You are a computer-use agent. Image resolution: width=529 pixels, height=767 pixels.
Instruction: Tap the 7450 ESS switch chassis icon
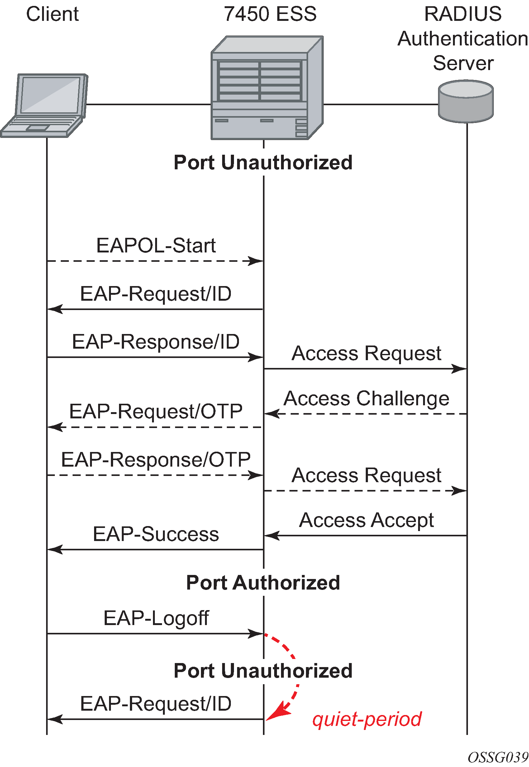click(x=267, y=88)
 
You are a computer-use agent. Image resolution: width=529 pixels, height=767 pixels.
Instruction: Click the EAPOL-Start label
click(x=156, y=246)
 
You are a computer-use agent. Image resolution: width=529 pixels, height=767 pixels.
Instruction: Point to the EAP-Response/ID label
click(x=156, y=342)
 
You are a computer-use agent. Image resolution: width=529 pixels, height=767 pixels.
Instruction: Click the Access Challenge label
click(x=367, y=398)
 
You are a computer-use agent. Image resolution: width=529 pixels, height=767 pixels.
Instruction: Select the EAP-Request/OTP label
click(x=156, y=412)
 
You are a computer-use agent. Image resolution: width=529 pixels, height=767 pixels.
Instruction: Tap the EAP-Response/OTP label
click(x=156, y=460)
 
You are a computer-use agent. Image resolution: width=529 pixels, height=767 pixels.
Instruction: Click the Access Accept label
click(x=367, y=520)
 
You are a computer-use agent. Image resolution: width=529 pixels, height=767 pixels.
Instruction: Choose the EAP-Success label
click(x=156, y=534)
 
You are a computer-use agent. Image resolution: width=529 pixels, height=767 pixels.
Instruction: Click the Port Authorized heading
click(x=263, y=583)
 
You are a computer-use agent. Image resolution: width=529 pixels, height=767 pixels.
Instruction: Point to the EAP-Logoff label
click(x=156, y=618)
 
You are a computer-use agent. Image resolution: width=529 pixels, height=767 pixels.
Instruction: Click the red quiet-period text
click(x=367, y=719)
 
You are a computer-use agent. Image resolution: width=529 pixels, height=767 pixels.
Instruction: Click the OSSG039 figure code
click(x=498, y=758)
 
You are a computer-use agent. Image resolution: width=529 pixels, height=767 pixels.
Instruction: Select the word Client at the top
click(x=52, y=14)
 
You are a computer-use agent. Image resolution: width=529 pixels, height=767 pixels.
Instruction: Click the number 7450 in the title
click(x=246, y=14)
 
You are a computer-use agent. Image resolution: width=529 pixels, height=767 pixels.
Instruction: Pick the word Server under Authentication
click(x=463, y=63)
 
